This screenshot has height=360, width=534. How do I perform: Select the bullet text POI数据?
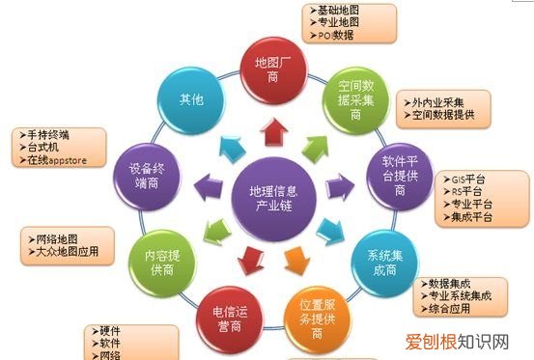click(x=333, y=36)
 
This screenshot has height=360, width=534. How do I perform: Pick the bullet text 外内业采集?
click(x=442, y=102)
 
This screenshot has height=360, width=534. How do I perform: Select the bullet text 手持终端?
click(x=51, y=135)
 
